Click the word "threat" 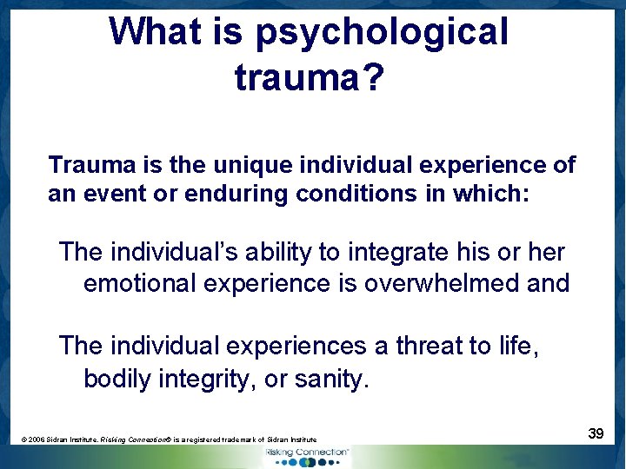pyautogui.click(x=429, y=347)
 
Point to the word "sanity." pyautogui.click(x=333, y=379)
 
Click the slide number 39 pyautogui.click(x=596, y=433)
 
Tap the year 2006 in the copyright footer pyautogui.click(x=39, y=440)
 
